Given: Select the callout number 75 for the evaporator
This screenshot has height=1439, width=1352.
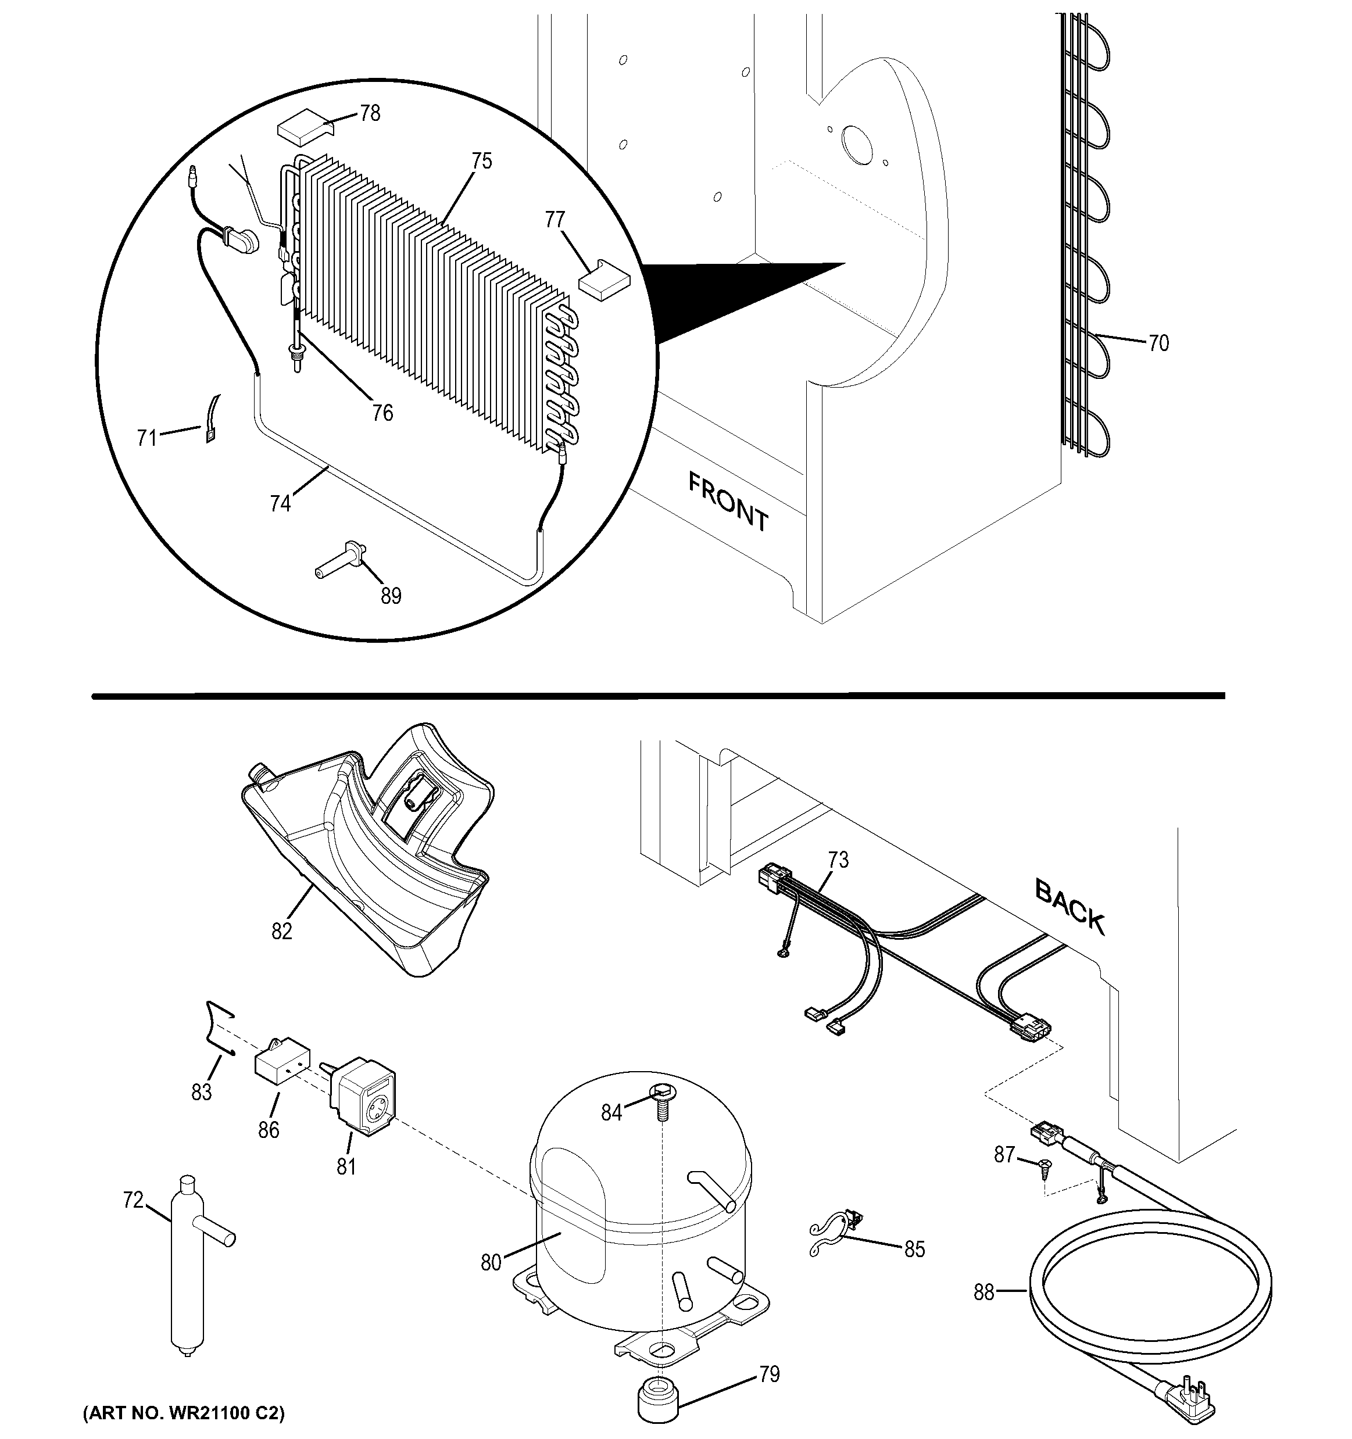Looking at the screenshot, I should point(481,160).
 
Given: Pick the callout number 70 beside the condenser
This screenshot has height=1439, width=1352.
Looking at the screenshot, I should point(1158,343).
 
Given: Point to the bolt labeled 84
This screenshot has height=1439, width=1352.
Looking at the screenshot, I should point(662,1100).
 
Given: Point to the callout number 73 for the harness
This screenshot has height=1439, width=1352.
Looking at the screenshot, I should point(838,861).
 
